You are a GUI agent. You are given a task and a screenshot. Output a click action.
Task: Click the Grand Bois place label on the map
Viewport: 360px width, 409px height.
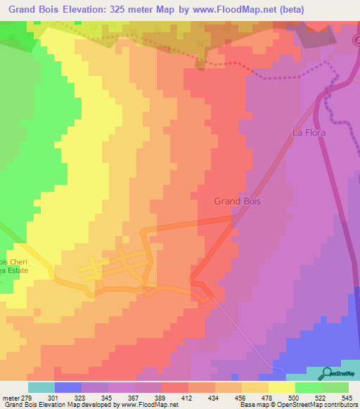pos(237,202)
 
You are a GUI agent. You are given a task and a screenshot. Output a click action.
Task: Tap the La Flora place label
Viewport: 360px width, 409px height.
pos(310,132)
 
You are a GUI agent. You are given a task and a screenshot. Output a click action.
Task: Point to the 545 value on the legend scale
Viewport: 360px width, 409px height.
pos(346,397)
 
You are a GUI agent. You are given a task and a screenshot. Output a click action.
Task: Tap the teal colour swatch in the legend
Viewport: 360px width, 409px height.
pos(41,387)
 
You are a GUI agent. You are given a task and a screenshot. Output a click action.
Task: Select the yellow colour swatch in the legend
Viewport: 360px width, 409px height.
pos(281,387)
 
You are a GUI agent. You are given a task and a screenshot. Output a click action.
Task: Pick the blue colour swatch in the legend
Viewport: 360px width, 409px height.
pos(67,387)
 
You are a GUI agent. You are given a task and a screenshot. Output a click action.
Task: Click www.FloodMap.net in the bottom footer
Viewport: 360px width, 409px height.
pos(148,405)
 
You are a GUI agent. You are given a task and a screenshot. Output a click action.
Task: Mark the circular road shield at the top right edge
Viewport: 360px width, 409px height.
pos(356,41)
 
